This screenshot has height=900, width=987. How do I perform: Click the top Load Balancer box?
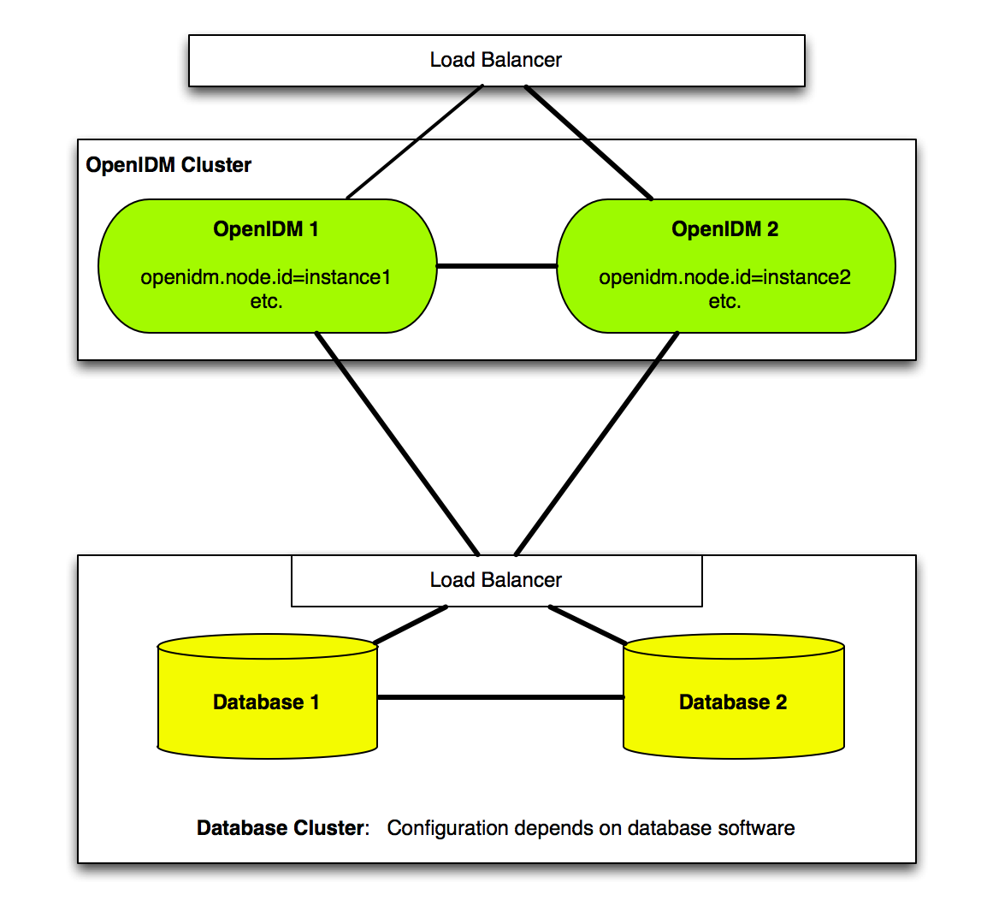click(497, 61)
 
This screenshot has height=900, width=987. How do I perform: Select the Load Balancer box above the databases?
click(497, 581)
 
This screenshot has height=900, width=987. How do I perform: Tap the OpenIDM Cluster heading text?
click(168, 165)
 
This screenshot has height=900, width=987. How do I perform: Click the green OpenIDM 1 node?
click(268, 266)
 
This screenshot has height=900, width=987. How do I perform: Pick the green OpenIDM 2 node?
click(726, 266)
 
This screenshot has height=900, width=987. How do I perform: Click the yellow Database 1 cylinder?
click(268, 696)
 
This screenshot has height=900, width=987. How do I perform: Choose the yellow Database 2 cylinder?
click(733, 696)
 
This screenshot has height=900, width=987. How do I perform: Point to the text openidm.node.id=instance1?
click(266, 277)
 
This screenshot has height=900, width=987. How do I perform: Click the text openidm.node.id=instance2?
click(724, 277)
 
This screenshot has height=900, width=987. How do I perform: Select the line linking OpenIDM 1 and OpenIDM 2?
click(497, 266)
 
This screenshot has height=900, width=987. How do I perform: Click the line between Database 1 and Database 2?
click(500, 697)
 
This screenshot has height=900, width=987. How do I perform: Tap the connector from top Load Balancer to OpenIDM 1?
click(415, 142)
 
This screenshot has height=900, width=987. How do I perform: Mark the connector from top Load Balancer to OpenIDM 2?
click(588, 142)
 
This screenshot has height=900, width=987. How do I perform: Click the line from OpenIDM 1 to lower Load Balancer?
click(397, 443)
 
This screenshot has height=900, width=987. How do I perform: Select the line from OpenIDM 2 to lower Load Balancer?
click(597, 443)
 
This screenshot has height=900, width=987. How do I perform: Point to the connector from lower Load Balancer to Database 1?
click(411, 625)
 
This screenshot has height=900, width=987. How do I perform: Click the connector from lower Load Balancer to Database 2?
click(588, 625)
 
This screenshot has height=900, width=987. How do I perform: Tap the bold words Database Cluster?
click(281, 827)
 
